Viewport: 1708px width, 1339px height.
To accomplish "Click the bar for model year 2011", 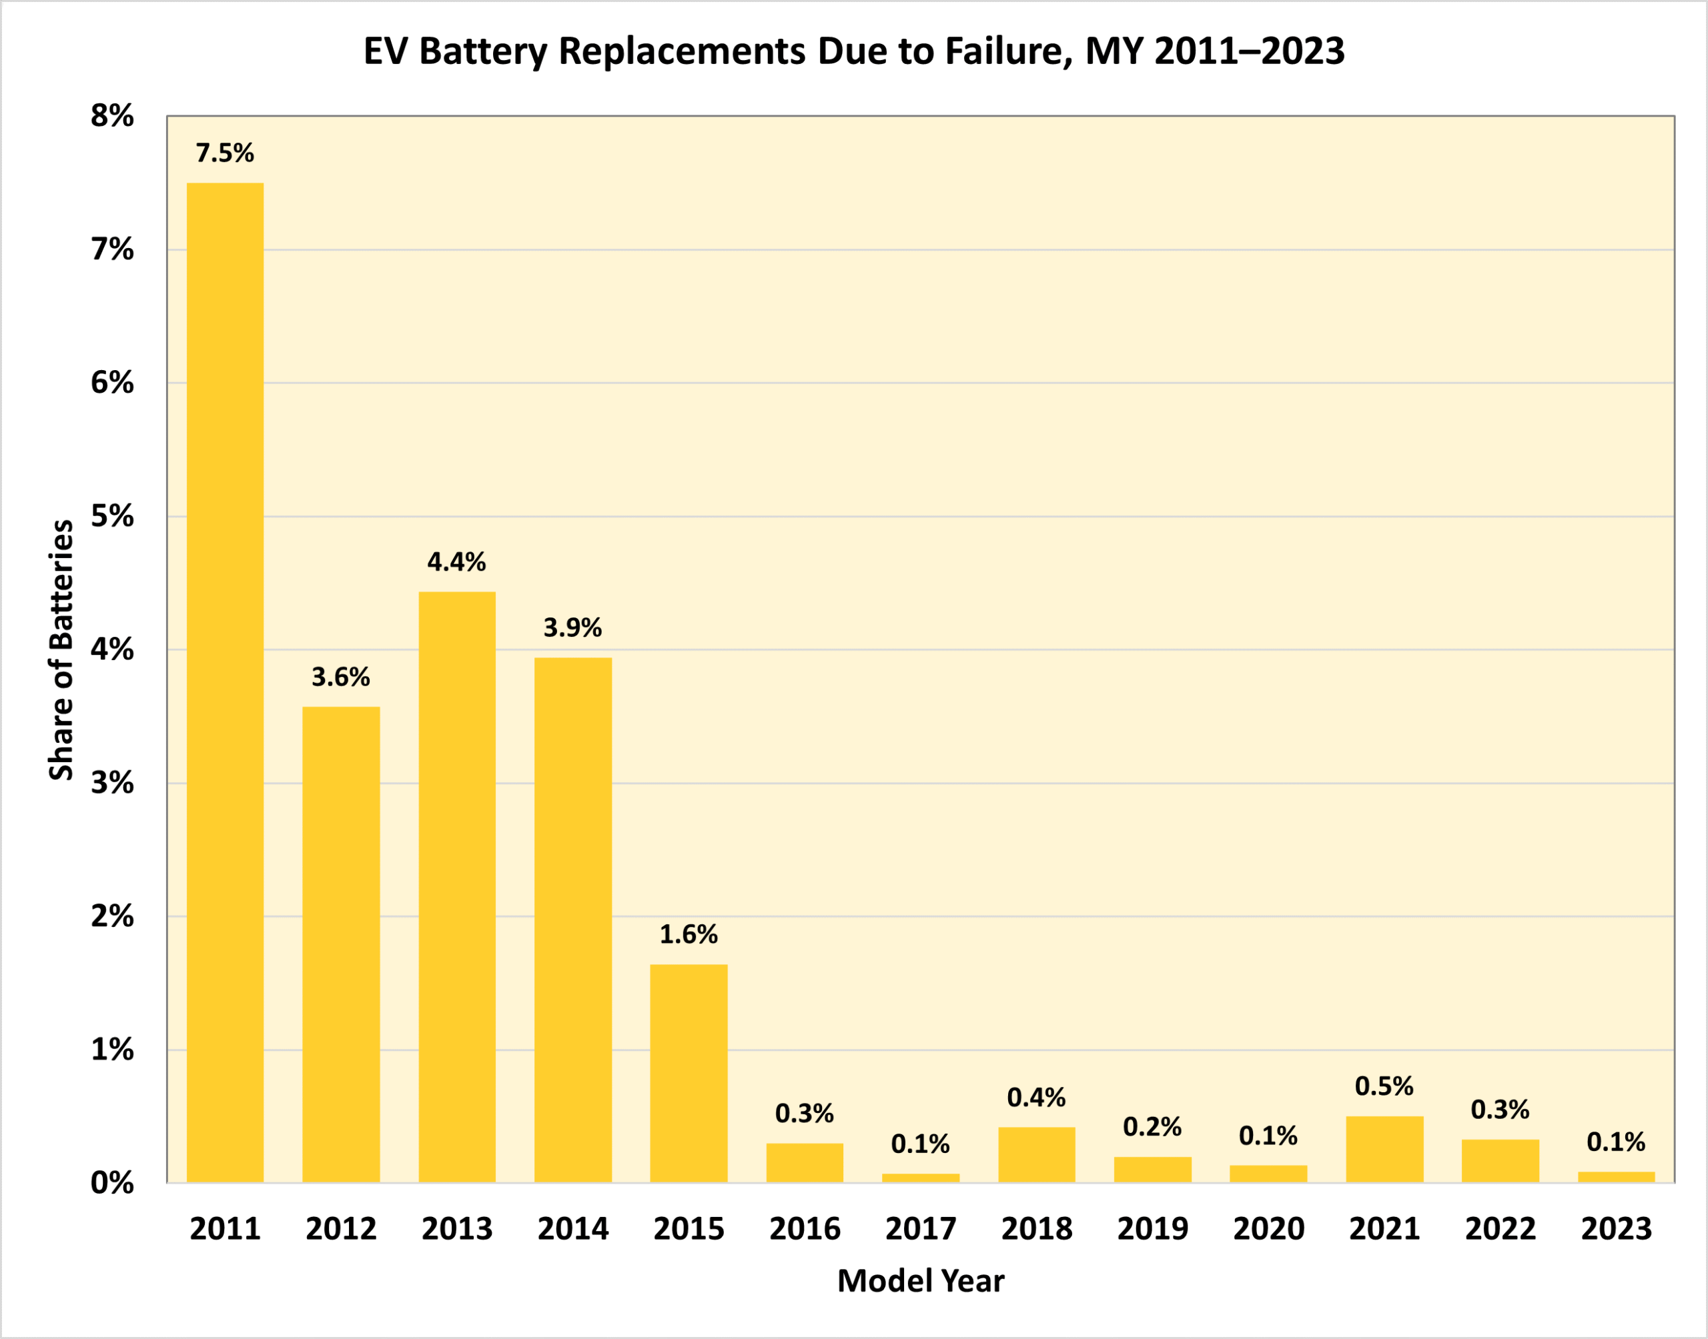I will [225, 682].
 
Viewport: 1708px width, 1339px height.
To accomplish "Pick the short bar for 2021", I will [1385, 1149].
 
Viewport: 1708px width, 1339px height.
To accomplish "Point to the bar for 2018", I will [1037, 1155].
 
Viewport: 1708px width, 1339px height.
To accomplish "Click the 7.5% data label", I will [225, 153].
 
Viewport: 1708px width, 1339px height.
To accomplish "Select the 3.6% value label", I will [340, 678].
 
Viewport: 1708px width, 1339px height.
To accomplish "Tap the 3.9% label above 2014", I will [572, 628].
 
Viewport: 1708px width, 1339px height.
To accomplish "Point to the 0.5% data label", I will [1384, 1086].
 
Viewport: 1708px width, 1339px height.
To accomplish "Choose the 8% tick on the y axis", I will [112, 116].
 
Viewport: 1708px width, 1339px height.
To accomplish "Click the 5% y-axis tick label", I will [112, 517].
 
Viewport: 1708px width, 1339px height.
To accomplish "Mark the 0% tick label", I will [112, 1183].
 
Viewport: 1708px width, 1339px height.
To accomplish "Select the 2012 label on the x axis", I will [341, 1228].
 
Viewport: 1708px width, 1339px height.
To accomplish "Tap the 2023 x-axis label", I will [1616, 1228].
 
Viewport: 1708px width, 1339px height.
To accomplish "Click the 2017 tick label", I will [921, 1228].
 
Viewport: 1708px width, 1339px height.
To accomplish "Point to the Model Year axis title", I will [921, 1282].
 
